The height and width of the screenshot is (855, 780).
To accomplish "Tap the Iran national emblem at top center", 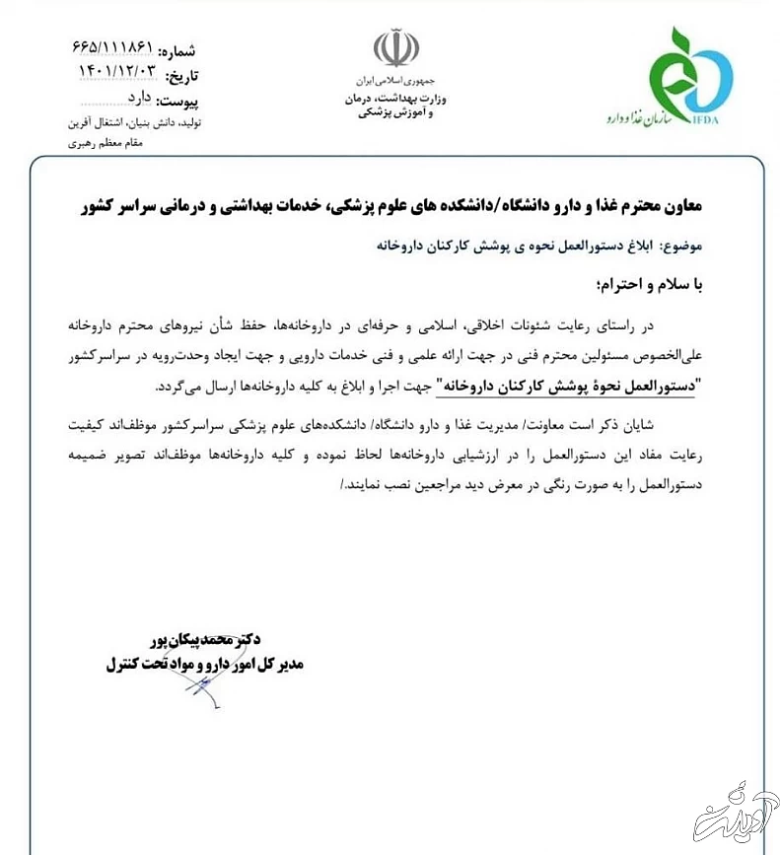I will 395,48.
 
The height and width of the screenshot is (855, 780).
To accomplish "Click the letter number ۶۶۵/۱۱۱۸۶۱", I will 112,48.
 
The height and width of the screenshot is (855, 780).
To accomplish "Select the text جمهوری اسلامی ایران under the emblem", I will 397,78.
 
